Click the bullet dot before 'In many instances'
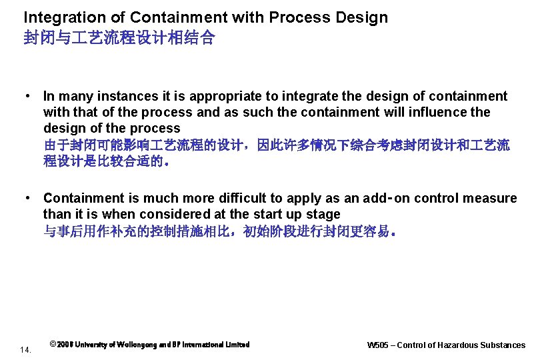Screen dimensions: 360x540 [x=29, y=96]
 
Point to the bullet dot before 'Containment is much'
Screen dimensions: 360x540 [x=29, y=198]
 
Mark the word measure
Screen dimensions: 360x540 [x=493, y=199]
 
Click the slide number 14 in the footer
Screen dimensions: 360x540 [x=26, y=349]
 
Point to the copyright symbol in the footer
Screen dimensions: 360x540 [x=53, y=345]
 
